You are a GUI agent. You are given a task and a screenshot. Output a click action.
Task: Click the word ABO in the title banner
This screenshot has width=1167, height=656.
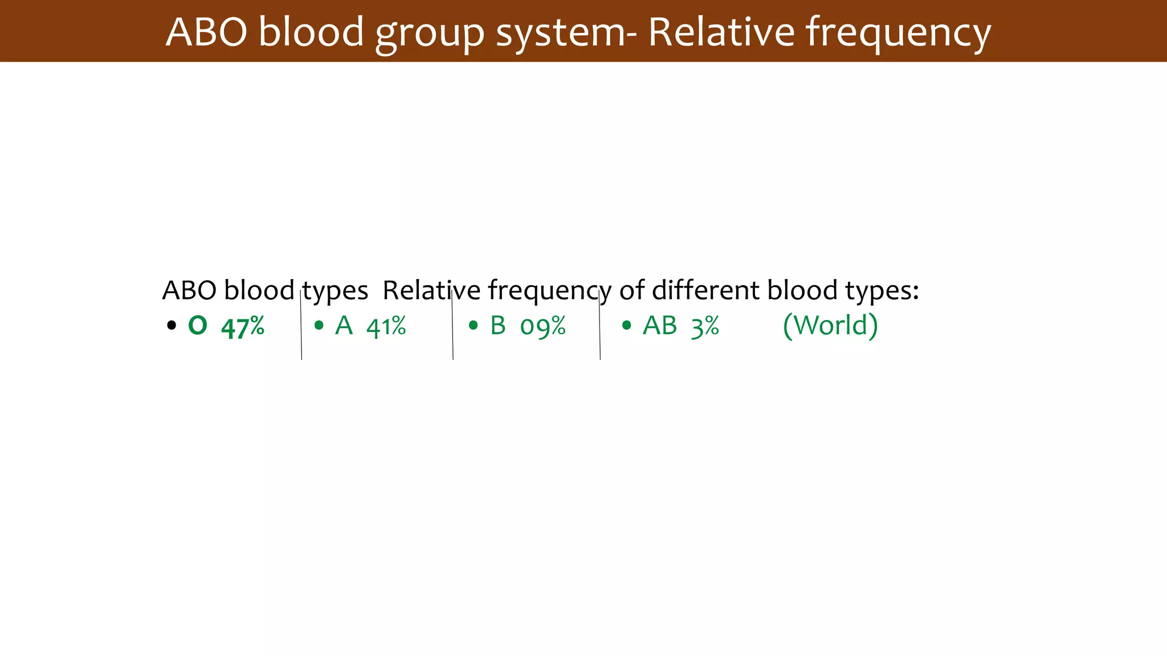[206, 32]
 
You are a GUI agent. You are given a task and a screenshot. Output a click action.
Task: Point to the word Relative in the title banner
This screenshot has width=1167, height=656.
[721, 32]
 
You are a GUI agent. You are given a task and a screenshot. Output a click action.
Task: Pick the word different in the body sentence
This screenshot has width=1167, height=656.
[705, 290]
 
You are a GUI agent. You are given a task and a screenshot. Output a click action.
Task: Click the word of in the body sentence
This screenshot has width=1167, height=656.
[632, 290]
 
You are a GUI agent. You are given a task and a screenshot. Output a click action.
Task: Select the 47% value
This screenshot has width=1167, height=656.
[243, 327]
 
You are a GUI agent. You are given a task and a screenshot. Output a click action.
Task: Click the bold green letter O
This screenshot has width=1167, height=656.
[198, 326]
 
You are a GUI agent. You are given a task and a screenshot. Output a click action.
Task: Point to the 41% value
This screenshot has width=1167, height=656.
[386, 327]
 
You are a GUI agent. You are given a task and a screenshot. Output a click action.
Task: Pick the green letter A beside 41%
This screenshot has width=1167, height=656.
[344, 326]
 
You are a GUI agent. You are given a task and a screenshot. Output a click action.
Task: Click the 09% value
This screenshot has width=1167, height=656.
[542, 327]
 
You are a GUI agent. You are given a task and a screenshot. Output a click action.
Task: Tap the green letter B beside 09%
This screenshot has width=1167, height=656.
[498, 326]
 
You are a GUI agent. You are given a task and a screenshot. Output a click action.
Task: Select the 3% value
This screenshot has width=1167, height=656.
[705, 327]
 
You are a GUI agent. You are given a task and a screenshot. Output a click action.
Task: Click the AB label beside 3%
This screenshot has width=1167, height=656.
[660, 326]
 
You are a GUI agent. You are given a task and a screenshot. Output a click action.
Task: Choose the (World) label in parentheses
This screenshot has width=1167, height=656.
[830, 326]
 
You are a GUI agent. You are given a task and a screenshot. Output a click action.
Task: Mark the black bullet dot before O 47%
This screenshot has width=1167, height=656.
[172, 326]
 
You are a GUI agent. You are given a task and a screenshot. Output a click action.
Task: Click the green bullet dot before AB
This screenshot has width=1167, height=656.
[627, 326]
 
